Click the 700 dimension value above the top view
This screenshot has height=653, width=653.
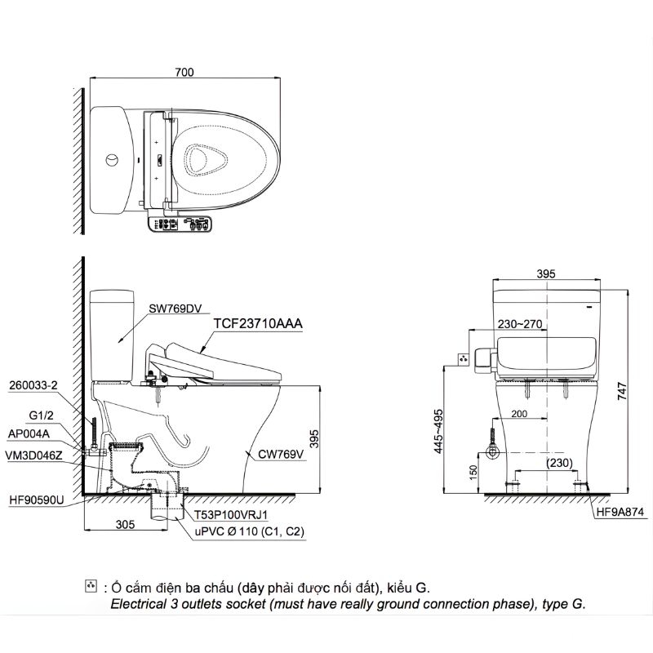tap(184, 72)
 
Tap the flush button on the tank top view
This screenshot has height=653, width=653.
tap(112, 160)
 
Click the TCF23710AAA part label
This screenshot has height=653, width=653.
tap(258, 323)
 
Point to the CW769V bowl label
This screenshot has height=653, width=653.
tap(281, 454)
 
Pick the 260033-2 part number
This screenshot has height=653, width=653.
tap(33, 385)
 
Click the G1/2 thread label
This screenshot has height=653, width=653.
tap(42, 415)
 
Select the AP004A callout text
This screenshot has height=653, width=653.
tap(29, 434)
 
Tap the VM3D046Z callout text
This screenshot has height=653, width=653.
tap(33, 455)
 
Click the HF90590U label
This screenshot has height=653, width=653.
tap(37, 500)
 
